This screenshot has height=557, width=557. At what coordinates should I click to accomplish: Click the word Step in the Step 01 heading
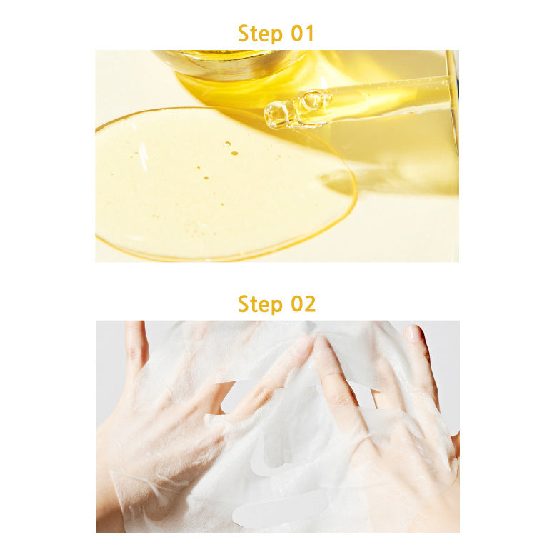[260, 34]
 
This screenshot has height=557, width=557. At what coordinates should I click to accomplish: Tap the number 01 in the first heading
[302, 34]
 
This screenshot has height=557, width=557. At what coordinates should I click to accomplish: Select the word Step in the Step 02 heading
[260, 304]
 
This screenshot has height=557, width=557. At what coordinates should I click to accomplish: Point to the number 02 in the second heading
[303, 303]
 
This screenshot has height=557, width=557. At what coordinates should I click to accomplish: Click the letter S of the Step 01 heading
[244, 34]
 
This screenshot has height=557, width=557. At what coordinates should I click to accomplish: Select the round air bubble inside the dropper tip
[313, 100]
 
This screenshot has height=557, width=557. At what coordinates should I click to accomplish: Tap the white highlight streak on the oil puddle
[143, 156]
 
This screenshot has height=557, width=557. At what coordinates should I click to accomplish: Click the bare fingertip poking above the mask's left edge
[135, 338]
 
